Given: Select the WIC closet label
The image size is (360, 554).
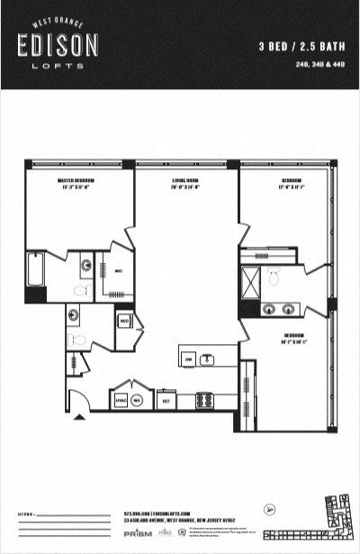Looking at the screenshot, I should [x=119, y=271].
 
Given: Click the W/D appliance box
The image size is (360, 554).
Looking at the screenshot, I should [x=124, y=321].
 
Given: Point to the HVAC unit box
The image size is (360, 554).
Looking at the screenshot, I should [x=121, y=400].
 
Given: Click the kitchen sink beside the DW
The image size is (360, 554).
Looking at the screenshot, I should [x=208, y=359].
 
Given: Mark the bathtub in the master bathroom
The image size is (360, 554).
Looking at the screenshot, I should [x=36, y=269].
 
